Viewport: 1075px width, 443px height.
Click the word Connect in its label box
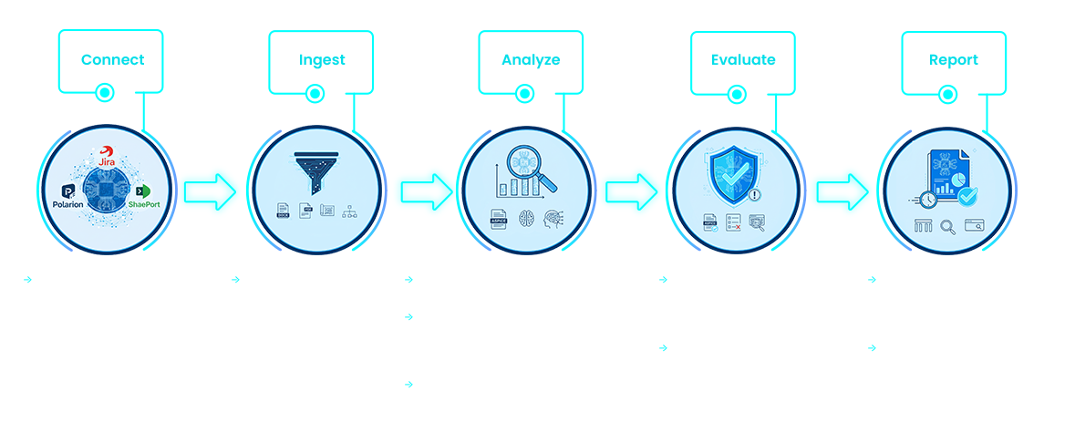coord(111,60)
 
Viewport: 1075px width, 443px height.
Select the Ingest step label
coord(322,60)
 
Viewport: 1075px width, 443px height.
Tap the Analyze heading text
coord(531,60)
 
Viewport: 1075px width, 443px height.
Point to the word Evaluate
coord(743,60)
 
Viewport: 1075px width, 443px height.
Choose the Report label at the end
coord(953,60)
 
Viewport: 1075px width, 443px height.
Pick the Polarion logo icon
coord(69,190)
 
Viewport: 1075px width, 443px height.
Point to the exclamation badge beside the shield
coord(754,194)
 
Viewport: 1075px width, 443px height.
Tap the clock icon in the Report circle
coord(927,198)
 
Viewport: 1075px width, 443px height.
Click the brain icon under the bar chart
coord(525,219)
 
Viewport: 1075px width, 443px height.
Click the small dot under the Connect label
coord(105,92)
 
